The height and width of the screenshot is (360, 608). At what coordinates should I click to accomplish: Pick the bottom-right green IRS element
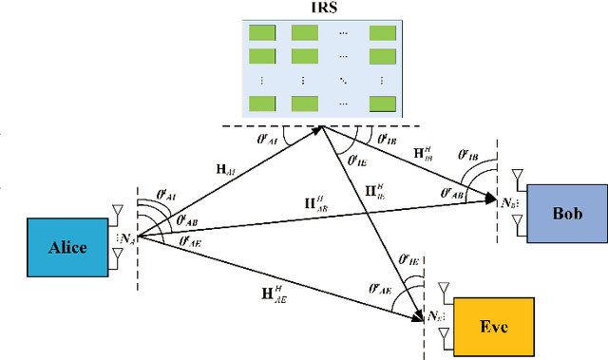pyautogui.click(x=382, y=103)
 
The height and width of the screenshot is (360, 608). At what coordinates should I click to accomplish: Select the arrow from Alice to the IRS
pyautogui.click(x=228, y=183)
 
